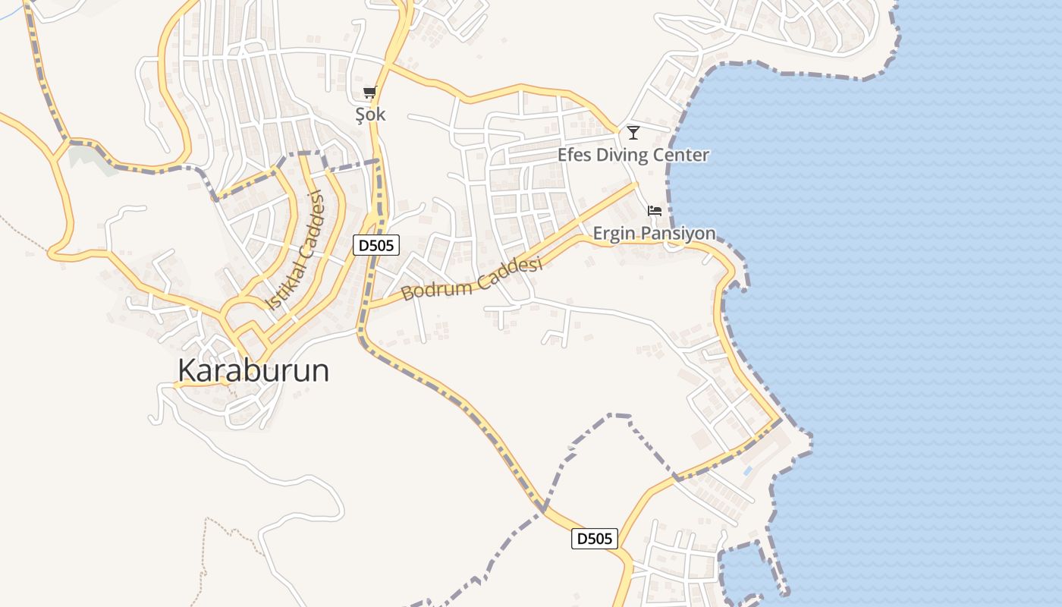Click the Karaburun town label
[x=253, y=370]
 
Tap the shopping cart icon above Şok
[x=369, y=93]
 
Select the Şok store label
[x=370, y=115]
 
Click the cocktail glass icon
[x=633, y=133]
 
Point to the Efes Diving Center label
[x=633, y=156]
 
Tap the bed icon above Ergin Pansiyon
[x=655, y=210]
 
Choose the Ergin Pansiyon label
[x=654, y=233]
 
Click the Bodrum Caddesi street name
[x=472, y=278]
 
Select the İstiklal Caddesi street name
[x=296, y=250]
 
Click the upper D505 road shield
[x=376, y=244]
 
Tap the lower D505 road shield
[x=594, y=539]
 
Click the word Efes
[x=573, y=156]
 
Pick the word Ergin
[x=613, y=233]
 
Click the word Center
[x=681, y=156]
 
